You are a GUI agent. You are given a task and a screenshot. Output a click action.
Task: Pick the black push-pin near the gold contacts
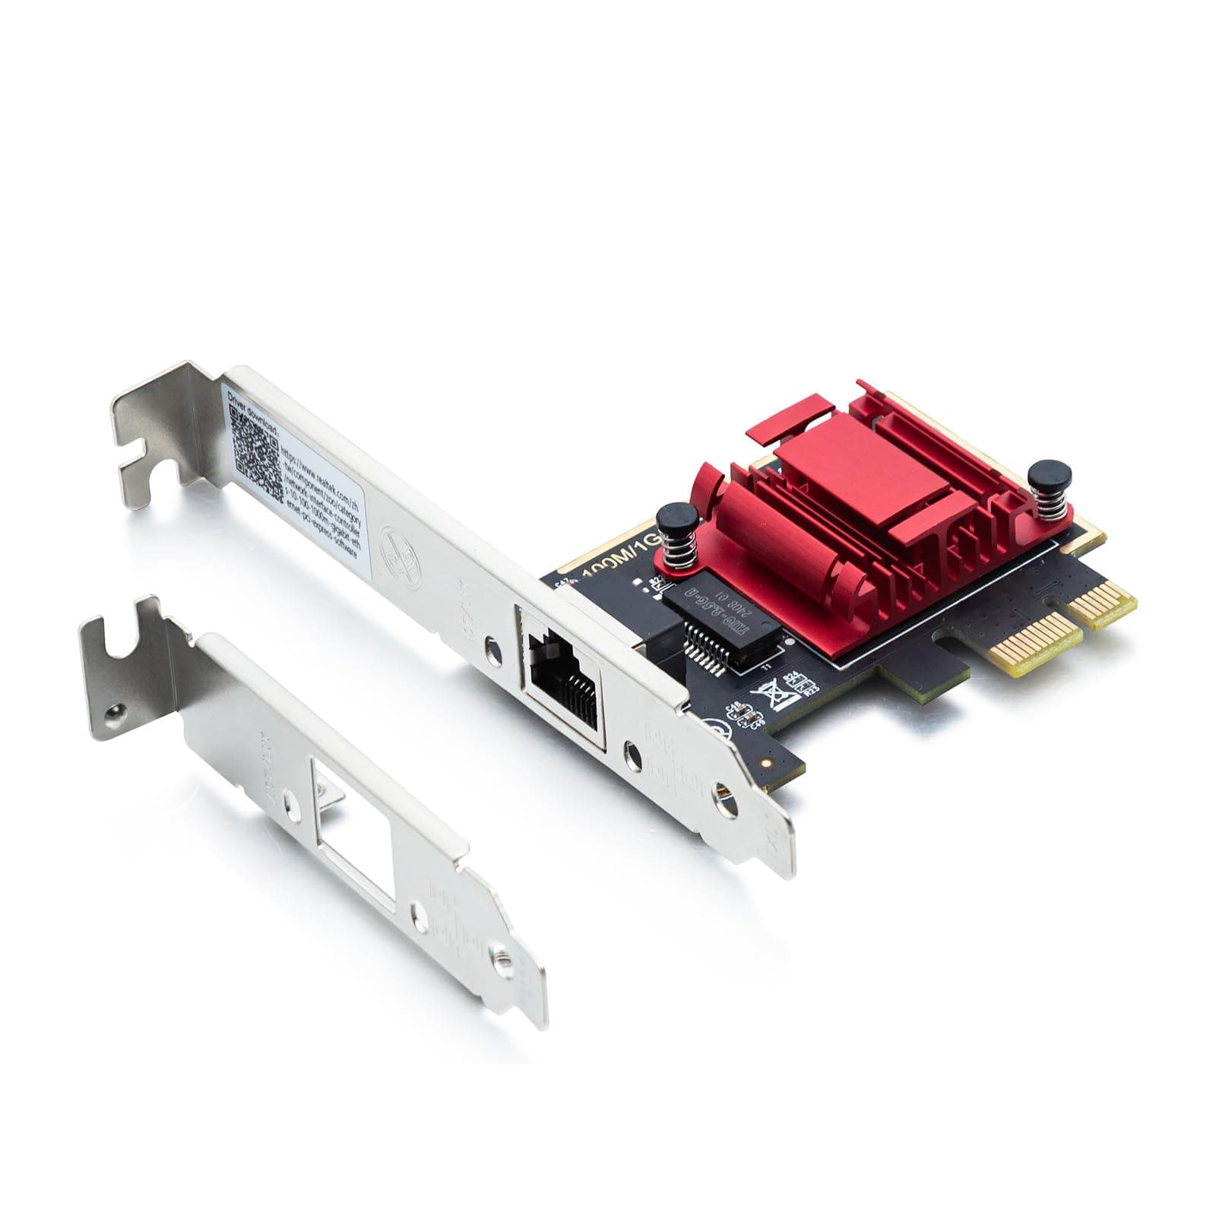[x=1050, y=477]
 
